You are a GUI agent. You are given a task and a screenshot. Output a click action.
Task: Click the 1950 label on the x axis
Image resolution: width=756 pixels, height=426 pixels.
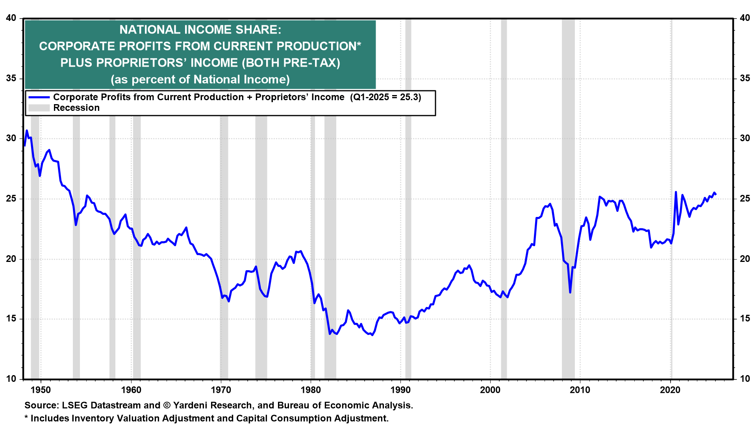[x=41, y=390]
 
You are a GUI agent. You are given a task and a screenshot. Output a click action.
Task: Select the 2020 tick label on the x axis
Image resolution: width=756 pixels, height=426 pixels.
[x=670, y=390]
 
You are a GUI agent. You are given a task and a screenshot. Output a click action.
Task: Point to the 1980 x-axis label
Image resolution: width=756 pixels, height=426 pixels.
[x=311, y=390]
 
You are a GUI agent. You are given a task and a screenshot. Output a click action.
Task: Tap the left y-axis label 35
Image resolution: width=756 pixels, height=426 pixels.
[x=11, y=78]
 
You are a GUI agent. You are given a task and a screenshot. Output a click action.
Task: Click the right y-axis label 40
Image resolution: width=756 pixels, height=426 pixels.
[x=745, y=18]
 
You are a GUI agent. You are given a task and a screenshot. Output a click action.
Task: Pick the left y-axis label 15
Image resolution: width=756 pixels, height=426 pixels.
[x=11, y=319]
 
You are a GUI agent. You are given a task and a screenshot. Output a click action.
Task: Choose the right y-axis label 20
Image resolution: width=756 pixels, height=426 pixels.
[x=745, y=259]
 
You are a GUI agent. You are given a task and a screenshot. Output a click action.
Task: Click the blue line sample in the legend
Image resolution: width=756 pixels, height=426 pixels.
[x=39, y=97]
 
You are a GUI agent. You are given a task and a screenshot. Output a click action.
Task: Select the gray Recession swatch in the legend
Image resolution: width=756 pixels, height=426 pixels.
[x=39, y=108]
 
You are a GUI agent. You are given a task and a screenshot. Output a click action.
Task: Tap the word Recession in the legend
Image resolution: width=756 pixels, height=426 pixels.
[x=76, y=108]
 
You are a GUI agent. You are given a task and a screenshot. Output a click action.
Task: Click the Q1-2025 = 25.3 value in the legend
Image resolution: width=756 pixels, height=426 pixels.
[x=386, y=97]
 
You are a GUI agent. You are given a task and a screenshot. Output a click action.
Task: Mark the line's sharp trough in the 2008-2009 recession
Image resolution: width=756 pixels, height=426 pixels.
[x=570, y=292]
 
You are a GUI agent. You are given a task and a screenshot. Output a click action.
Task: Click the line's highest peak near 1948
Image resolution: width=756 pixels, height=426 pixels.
[x=27, y=131]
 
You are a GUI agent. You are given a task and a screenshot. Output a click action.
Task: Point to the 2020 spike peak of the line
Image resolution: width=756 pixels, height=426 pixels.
[x=676, y=192]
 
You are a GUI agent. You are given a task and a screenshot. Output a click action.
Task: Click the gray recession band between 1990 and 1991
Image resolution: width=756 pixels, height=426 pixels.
[x=408, y=237]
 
